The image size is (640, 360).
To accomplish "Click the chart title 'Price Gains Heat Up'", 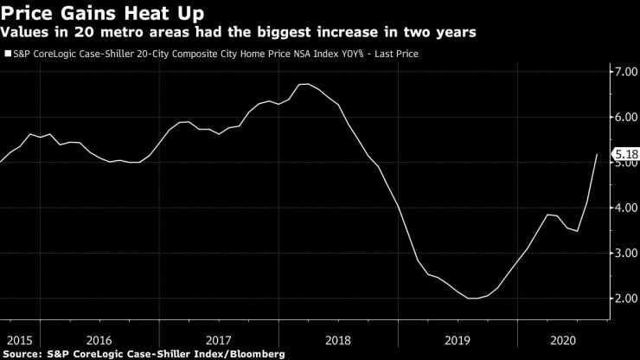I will coord(102,13).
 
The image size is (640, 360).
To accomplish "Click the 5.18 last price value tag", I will coord(625,155).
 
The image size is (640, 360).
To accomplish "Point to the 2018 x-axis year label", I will coord(337,340).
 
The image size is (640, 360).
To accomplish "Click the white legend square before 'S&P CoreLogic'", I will coord(8,54).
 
